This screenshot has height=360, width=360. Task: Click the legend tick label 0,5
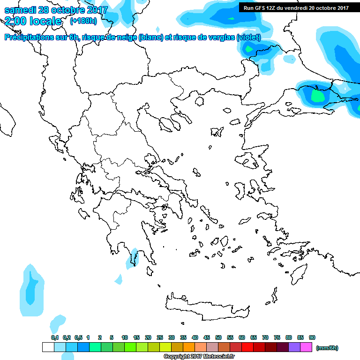(78, 337)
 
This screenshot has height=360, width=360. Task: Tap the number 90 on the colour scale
(312, 337)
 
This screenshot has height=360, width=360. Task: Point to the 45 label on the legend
(207, 337)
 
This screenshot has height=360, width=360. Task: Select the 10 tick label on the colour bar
(125, 337)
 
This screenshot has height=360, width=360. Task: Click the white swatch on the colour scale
(48, 347)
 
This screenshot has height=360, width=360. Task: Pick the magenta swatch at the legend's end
(306, 347)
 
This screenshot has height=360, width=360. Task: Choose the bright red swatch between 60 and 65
(247, 347)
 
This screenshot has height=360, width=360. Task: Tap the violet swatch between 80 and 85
(294, 347)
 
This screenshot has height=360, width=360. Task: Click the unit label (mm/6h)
(327, 348)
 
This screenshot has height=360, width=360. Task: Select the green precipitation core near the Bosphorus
(317, 96)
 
